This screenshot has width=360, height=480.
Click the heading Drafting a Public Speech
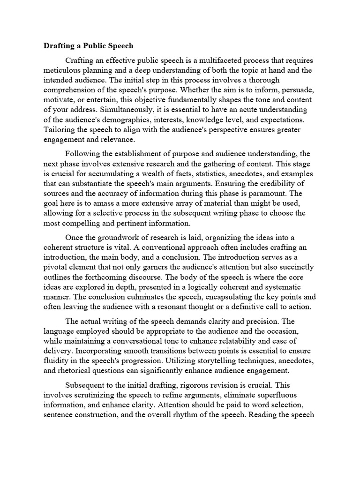89,46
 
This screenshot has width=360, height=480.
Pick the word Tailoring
60,130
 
